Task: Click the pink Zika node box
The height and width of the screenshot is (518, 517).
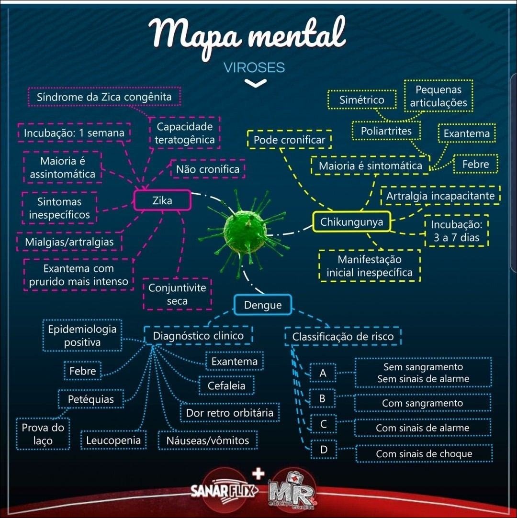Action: pos(162,200)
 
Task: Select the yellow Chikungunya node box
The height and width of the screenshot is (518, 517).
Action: pos(351,222)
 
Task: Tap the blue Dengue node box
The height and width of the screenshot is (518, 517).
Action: pos(263,305)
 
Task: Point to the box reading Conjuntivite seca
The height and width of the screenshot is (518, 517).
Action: pos(177,294)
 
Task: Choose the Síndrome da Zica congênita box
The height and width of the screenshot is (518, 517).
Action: pos(104,97)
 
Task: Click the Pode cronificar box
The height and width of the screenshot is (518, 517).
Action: pos(289,140)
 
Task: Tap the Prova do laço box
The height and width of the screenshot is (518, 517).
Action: pos(43,434)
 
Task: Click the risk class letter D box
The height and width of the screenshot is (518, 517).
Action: pos(323,450)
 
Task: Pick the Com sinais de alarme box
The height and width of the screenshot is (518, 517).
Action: pos(422,428)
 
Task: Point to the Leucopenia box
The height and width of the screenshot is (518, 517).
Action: pos(113,440)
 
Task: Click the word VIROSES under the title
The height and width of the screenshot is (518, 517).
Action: pos(254,67)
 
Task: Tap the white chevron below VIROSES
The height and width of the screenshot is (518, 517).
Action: pos(255,84)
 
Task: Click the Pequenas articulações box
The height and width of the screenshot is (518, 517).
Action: pos(438,96)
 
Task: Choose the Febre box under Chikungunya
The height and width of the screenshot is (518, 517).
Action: pos(475,165)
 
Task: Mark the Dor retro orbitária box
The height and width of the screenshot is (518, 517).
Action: pos(229,413)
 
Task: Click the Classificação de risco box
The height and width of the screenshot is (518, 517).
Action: pos(343,336)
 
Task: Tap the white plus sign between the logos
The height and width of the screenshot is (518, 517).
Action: pos(258,474)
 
